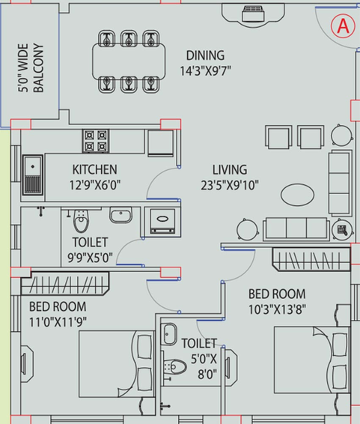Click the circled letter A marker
point(343,26)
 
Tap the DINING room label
point(205,55)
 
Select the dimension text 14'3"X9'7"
point(205,71)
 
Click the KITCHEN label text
point(95,169)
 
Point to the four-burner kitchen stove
point(96,141)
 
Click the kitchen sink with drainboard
point(33,175)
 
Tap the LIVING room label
point(230,170)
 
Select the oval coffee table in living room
point(297,195)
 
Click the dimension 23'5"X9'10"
point(230,186)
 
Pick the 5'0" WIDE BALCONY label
point(31,68)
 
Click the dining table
point(129,61)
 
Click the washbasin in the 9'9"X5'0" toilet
point(120,215)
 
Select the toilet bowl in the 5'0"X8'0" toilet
point(175,367)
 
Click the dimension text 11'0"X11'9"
point(58,322)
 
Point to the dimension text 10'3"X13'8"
point(278,309)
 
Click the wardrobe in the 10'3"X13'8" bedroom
point(311,260)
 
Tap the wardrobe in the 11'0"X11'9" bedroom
point(65,283)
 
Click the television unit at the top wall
point(253,14)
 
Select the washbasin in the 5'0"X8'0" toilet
point(170,334)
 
